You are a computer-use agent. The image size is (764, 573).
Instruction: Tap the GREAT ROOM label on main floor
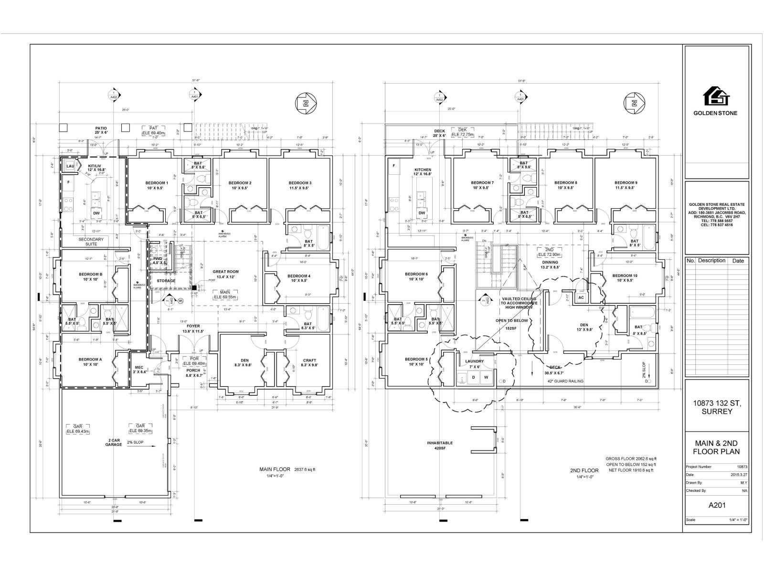pyautogui.click(x=225, y=272)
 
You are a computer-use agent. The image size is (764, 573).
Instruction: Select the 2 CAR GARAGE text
pyautogui.click(x=114, y=442)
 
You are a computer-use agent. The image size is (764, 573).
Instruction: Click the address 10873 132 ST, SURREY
pyautogui.click(x=717, y=407)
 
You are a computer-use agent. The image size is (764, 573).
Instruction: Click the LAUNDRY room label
pyautogui.click(x=474, y=361)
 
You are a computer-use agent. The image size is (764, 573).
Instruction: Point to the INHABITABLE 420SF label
pyautogui.click(x=439, y=446)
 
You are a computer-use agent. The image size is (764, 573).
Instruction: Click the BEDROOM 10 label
pyautogui.click(x=625, y=276)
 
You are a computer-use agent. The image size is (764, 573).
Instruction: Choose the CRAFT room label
pyautogui.click(x=309, y=361)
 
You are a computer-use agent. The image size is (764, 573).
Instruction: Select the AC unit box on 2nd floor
pyautogui.click(x=581, y=297)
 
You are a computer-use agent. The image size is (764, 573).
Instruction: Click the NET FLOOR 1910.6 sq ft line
pyautogui.click(x=630, y=471)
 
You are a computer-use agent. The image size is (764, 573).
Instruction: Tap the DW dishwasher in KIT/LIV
pyautogui.click(x=96, y=213)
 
